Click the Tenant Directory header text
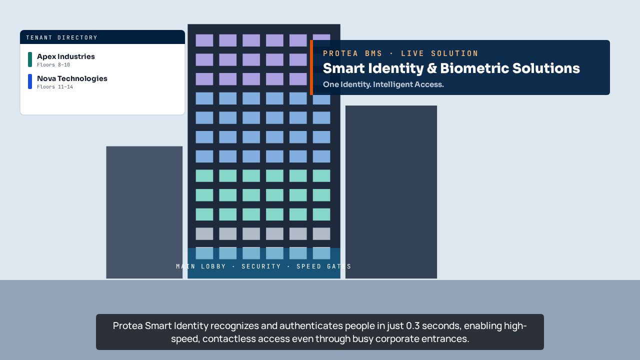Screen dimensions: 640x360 [x=61, y=37]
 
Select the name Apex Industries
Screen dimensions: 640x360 [x=65, y=56]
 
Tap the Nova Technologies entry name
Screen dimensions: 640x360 [x=72, y=78]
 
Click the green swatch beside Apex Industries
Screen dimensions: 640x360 [x=30, y=59]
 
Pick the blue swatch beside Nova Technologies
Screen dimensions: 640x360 [x=30, y=81]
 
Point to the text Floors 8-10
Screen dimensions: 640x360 [x=53, y=65]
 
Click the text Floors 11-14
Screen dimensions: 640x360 [x=55, y=87]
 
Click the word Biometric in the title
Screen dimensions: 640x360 [x=474, y=68]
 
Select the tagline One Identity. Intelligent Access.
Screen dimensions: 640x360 [x=383, y=84]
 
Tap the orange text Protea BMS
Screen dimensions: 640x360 [x=352, y=53]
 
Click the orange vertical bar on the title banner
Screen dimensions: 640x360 [x=311, y=67]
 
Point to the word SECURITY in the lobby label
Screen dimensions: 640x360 [x=261, y=266]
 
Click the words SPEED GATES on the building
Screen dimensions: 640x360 [x=323, y=266]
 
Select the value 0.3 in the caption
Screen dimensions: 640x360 [x=412, y=325]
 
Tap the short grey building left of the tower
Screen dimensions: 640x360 [x=144, y=212]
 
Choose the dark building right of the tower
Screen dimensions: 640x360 [x=391, y=192]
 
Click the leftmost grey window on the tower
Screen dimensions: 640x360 [x=204, y=233]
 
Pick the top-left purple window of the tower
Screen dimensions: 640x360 [x=204, y=40]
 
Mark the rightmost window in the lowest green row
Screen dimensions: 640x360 [x=321, y=214]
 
